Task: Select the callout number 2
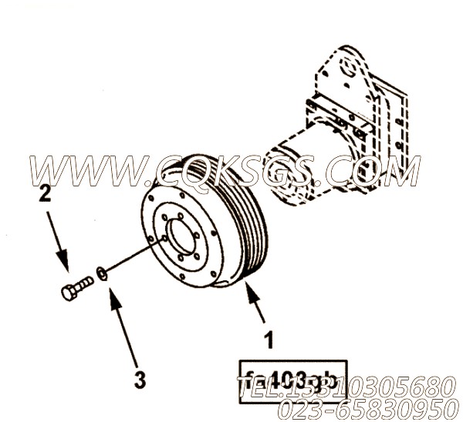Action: click(x=46, y=195)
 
